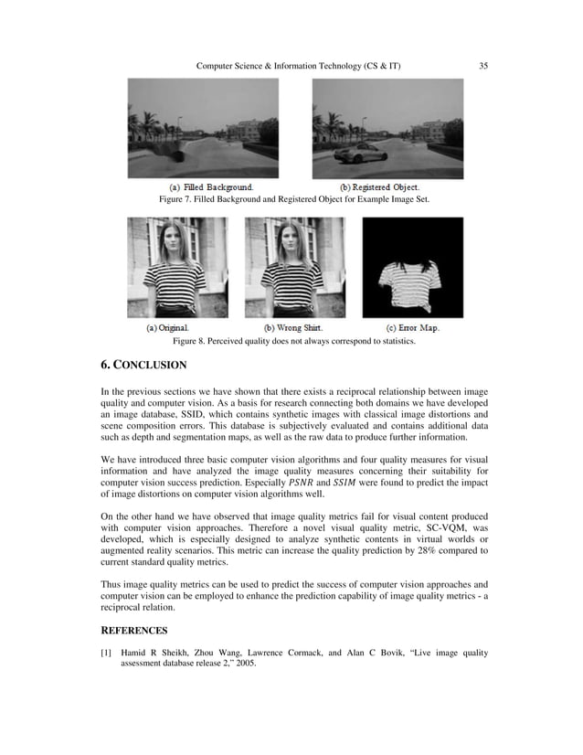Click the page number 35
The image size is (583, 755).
[x=483, y=66]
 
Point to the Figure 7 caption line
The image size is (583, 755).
[x=293, y=198]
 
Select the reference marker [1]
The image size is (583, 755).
[x=106, y=654]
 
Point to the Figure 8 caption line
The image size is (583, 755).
[x=293, y=341]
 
